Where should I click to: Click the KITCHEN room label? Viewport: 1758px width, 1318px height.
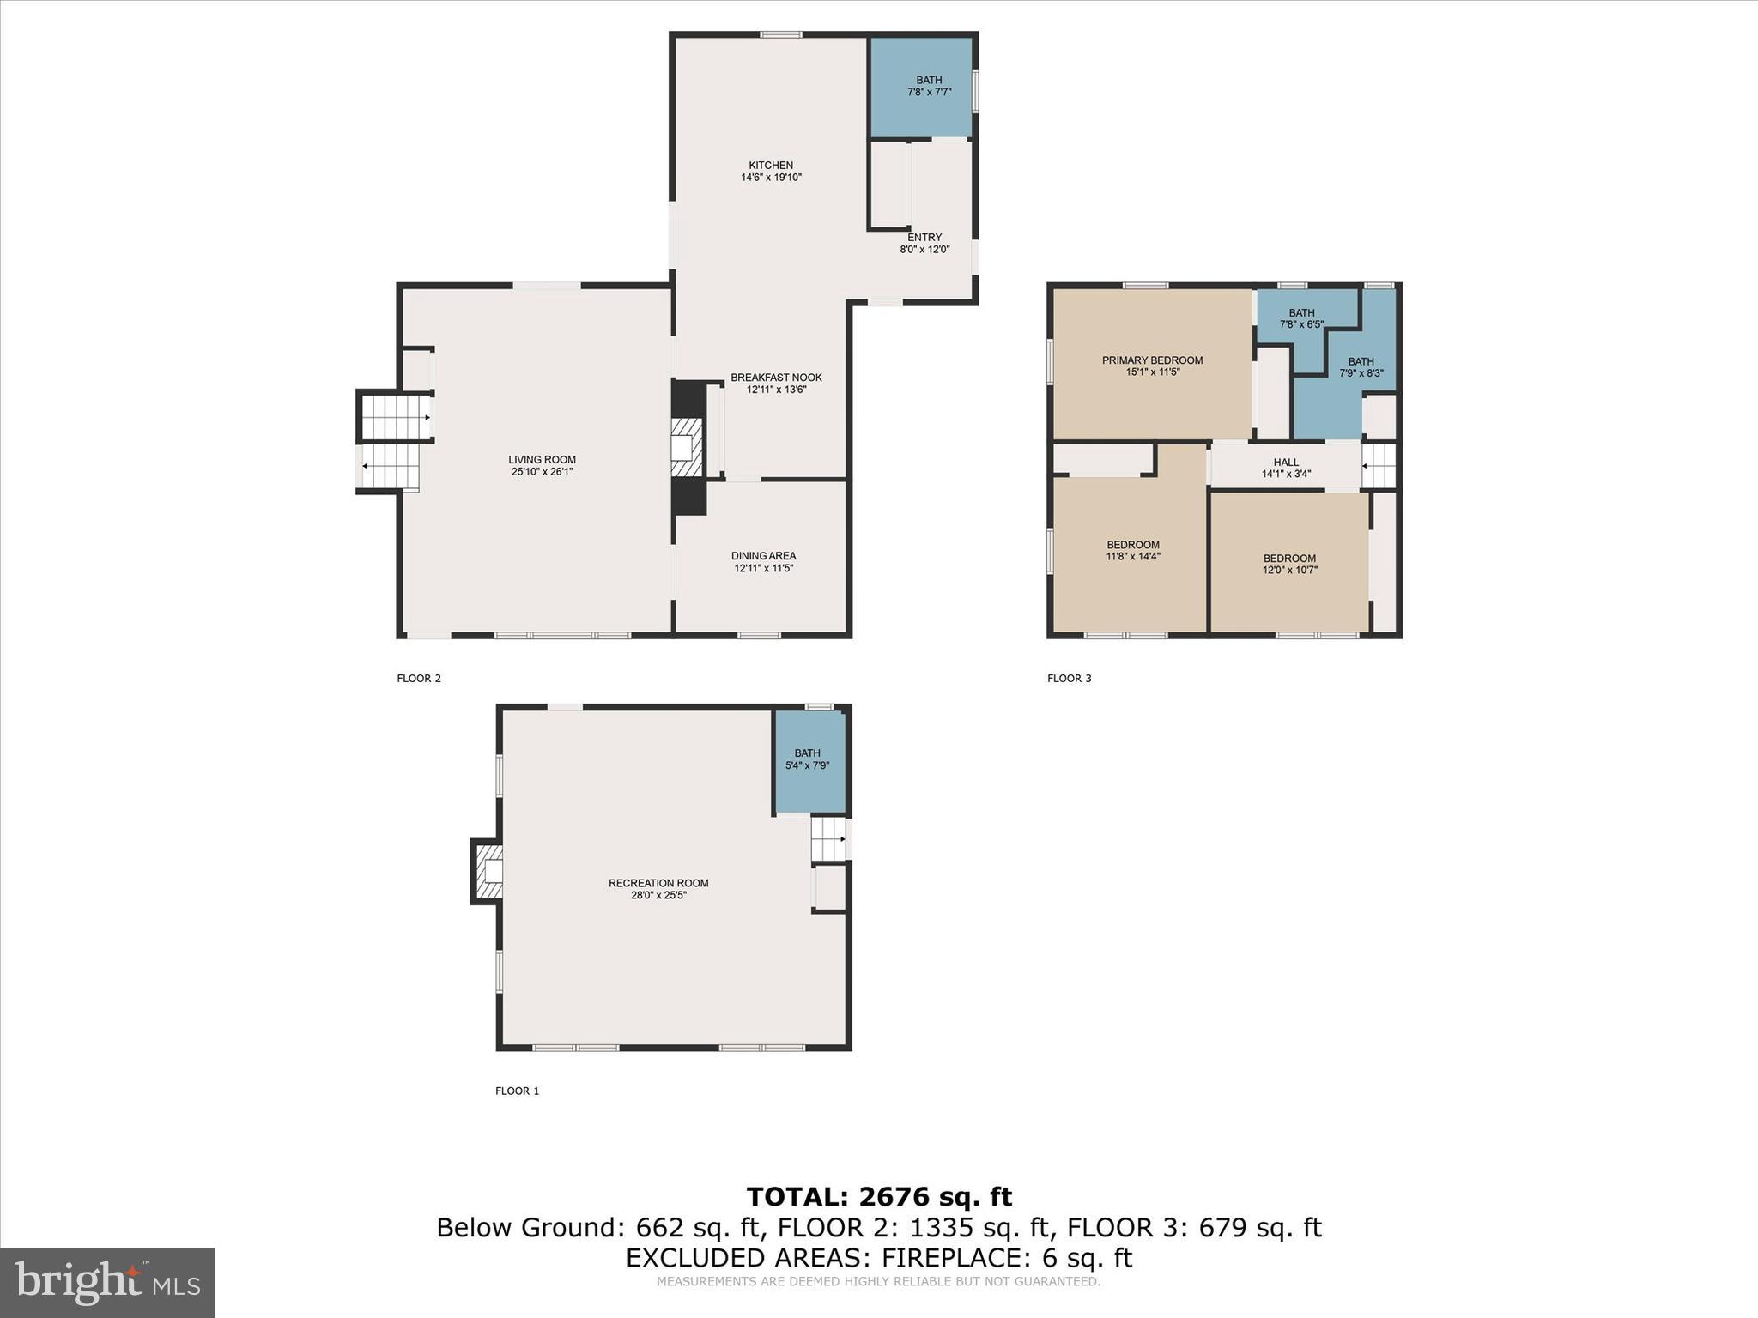(x=771, y=166)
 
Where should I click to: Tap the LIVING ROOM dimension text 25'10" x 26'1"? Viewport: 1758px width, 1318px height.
(x=542, y=471)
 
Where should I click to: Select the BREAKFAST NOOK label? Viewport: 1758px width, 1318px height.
(x=776, y=378)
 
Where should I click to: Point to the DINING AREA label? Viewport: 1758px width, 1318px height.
(x=763, y=556)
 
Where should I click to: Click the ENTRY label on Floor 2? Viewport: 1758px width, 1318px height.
(x=924, y=238)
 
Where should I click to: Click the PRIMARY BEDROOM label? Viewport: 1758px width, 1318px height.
(x=1152, y=360)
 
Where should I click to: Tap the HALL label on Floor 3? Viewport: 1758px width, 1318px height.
(x=1286, y=463)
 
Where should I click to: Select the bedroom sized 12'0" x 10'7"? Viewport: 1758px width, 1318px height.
(x=1289, y=564)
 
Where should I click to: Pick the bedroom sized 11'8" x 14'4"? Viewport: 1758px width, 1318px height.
(x=1132, y=550)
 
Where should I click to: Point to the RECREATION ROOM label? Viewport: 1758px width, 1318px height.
(x=658, y=883)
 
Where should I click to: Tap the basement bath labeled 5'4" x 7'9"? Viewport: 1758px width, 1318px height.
(x=807, y=759)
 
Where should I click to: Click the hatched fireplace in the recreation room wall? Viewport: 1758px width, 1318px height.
(x=488, y=872)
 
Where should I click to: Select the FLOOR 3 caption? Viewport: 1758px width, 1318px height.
(x=1069, y=678)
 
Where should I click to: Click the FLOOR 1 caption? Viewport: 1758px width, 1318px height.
(x=517, y=1091)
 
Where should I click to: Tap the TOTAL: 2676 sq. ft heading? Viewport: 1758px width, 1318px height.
(x=879, y=1196)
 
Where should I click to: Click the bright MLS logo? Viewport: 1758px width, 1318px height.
(x=107, y=1282)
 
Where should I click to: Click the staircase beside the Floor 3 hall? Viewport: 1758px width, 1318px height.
(x=1379, y=466)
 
